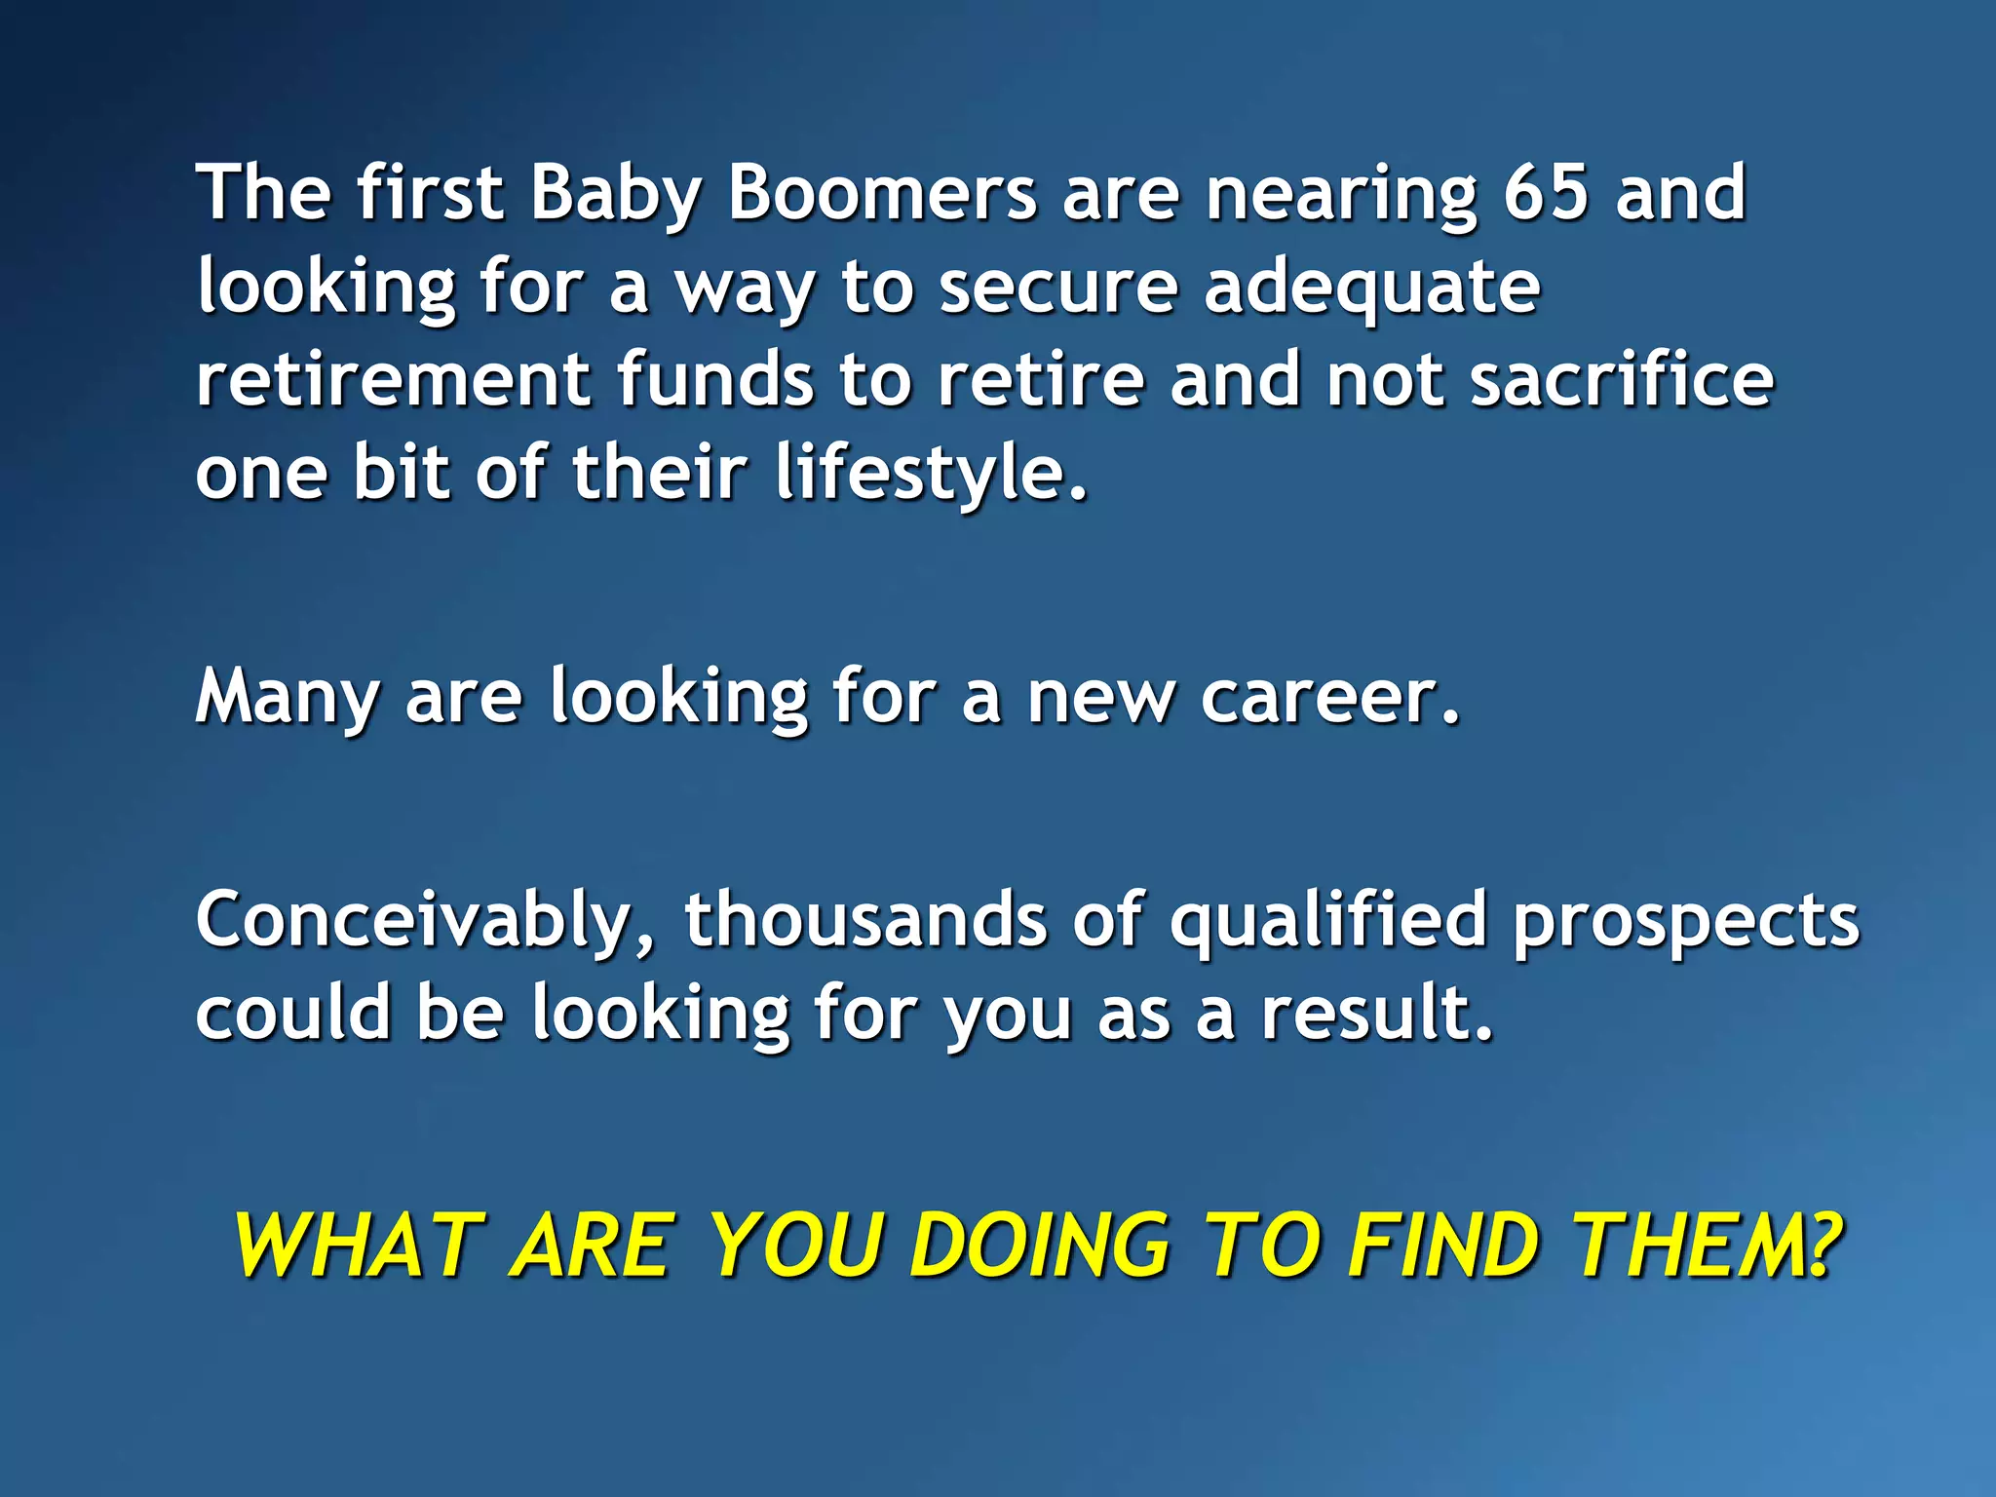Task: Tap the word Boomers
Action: pos(882,193)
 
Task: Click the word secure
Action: pos(1058,288)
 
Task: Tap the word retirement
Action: pos(393,380)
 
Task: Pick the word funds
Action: pos(715,380)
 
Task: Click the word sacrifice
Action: pos(1622,380)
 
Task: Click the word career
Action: pos(1330,698)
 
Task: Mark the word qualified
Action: pos(1328,922)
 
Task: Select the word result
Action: pos(1376,1014)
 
